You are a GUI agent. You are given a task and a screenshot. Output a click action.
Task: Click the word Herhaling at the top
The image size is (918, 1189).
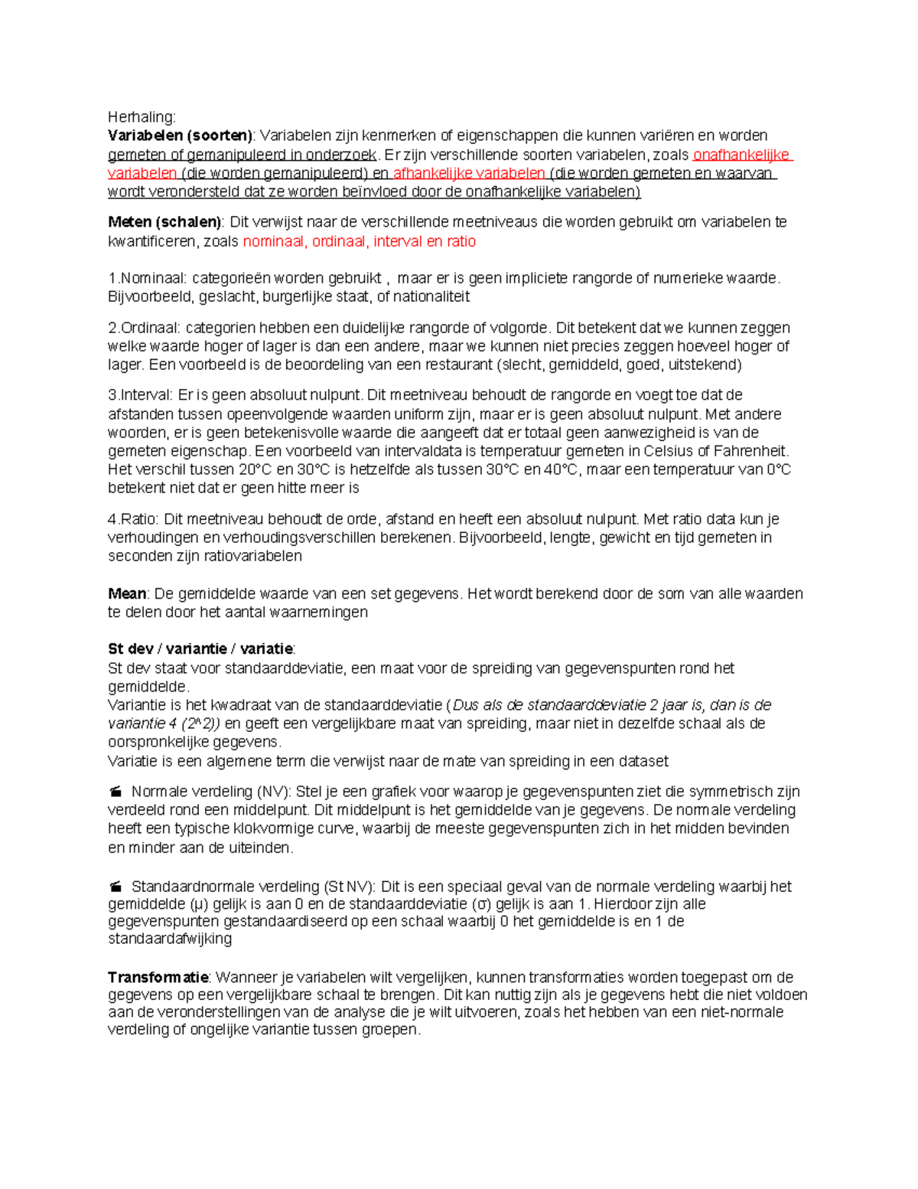click(x=142, y=117)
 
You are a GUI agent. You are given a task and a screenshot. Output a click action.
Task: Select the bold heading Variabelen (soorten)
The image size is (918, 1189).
click(x=180, y=136)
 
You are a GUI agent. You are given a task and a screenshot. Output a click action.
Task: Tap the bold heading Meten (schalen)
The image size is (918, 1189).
click(x=164, y=222)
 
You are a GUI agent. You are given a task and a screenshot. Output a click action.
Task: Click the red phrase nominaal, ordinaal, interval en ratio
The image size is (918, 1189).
click(x=359, y=241)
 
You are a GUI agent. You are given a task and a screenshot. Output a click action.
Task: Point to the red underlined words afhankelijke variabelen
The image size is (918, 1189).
click(x=468, y=173)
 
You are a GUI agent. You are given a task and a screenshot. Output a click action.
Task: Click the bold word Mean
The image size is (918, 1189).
click(x=126, y=593)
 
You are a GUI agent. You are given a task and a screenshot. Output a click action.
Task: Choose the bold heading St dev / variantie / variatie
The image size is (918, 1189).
click(x=200, y=649)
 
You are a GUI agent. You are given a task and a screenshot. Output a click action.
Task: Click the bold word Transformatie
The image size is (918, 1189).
click(x=158, y=977)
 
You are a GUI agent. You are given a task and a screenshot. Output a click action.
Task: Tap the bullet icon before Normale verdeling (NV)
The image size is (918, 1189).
click(x=116, y=792)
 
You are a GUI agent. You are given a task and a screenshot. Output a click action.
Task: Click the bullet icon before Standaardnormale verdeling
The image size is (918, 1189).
click(x=116, y=887)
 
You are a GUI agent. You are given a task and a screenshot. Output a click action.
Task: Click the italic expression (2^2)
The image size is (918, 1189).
click(x=201, y=724)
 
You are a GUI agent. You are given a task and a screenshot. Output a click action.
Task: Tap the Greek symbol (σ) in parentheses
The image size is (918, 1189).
click(x=483, y=904)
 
